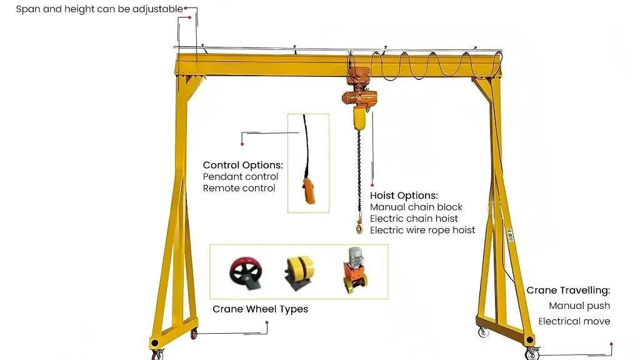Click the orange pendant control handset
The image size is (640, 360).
(x=309, y=191)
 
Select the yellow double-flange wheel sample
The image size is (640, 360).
(x=299, y=272)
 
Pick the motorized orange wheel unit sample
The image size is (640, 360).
(x=355, y=270)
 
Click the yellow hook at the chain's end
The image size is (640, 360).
(x=359, y=226)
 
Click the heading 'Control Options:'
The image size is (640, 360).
(x=243, y=165)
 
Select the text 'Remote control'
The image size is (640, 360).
(x=239, y=188)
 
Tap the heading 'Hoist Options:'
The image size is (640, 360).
(x=404, y=196)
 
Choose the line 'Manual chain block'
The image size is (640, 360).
(x=416, y=207)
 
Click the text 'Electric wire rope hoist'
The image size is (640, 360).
(x=422, y=230)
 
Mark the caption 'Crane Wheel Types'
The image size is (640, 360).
(x=261, y=309)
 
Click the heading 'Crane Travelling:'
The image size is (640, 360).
(x=568, y=290)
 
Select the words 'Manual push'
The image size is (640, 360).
(x=579, y=306)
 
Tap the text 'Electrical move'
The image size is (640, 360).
(x=574, y=321)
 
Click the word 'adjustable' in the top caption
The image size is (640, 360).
(x=157, y=9)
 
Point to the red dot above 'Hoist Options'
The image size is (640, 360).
(x=372, y=185)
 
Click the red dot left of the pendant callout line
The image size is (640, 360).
(x=242, y=144)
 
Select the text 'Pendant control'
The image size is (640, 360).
(x=241, y=177)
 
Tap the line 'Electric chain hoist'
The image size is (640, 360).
(x=414, y=218)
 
